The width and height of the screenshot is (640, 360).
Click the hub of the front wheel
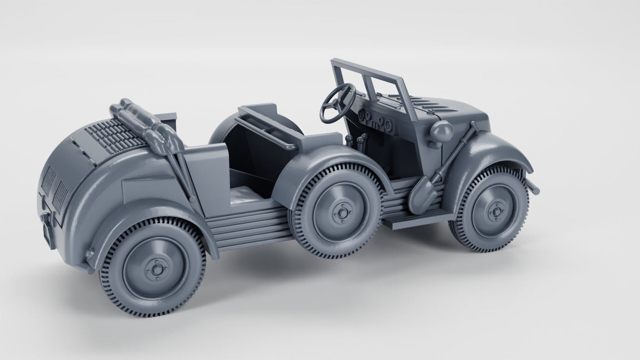495,212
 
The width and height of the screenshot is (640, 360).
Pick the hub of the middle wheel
342,213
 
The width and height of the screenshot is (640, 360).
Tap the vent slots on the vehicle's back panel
56,186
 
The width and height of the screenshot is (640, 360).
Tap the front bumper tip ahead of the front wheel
534,188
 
